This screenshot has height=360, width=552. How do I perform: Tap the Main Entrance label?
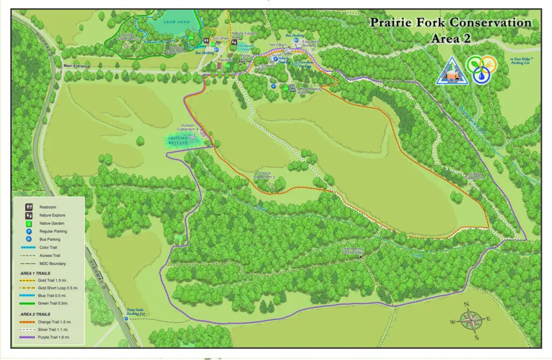(x=76, y=66)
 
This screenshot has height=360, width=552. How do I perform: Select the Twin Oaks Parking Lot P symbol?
(x=127, y=319)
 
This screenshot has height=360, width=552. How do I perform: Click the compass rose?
(x=472, y=320)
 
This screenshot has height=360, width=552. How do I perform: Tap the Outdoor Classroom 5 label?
(x=265, y=175)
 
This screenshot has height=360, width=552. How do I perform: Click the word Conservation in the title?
(x=490, y=23)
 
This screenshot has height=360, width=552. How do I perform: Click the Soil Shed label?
(x=221, y=39)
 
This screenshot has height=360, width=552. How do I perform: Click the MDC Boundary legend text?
(x=53, y=264)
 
